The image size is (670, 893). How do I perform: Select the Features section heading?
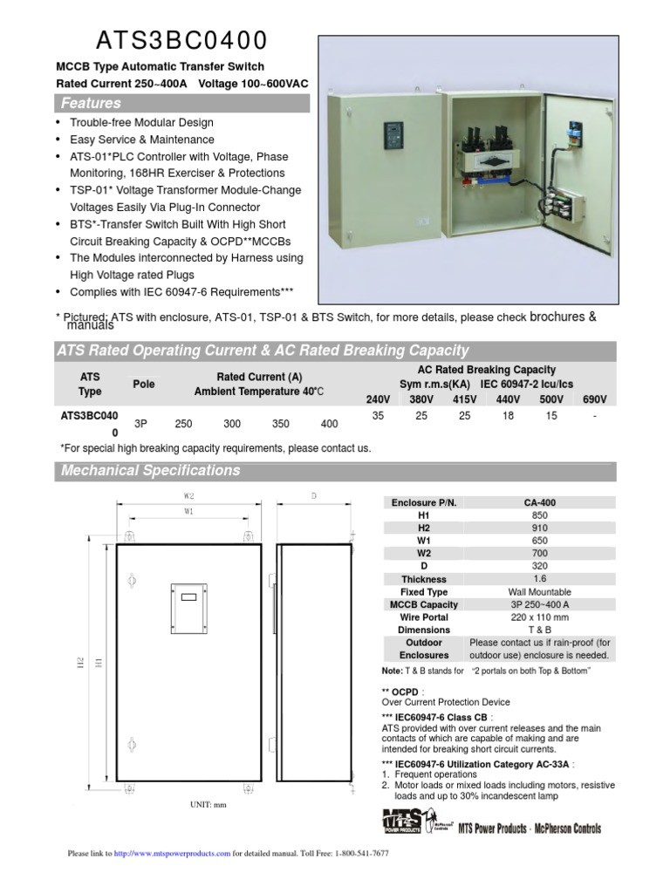coord(91,104)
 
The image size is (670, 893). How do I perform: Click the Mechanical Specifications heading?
coord(150,471)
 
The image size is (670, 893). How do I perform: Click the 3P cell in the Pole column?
coord(140,423)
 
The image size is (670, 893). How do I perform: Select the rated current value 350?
coord(280,423)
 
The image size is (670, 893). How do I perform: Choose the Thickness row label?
coord(424,579)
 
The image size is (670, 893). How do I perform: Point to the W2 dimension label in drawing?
coord(188,495)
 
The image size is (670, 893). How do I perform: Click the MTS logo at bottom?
coord(403,822)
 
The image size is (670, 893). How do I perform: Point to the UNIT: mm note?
coord(208,805)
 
